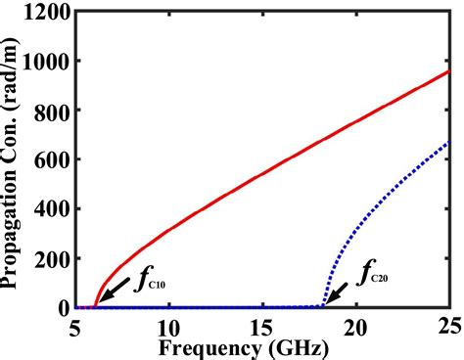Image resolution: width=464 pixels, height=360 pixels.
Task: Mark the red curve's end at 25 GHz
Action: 448,71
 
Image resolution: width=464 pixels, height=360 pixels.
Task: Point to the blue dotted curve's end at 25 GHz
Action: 448,143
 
